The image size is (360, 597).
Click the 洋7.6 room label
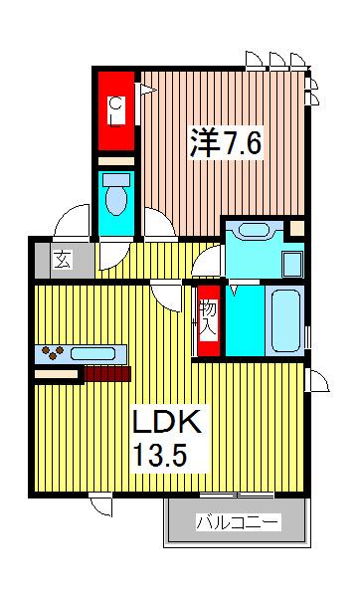[226, 143]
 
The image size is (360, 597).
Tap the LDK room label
[166, 422]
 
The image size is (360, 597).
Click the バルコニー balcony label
[238, 522]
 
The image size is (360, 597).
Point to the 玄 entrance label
[63, 261]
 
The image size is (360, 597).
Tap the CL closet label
[116, 111]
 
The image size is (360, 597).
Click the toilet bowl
[116, 201]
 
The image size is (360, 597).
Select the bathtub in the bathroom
[285, 320]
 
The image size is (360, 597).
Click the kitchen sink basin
[92, 353]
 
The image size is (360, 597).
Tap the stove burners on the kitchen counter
[53, 352]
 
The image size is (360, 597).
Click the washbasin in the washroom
[255, 230]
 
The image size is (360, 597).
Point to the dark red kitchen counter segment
[107, 374]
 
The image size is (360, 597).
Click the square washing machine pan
[293, 265]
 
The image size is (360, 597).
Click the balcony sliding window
[237, 495]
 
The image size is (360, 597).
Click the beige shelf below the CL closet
[116, 161]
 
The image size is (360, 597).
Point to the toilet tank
[116, 180]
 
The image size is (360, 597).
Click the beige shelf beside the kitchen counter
[57, 374]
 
